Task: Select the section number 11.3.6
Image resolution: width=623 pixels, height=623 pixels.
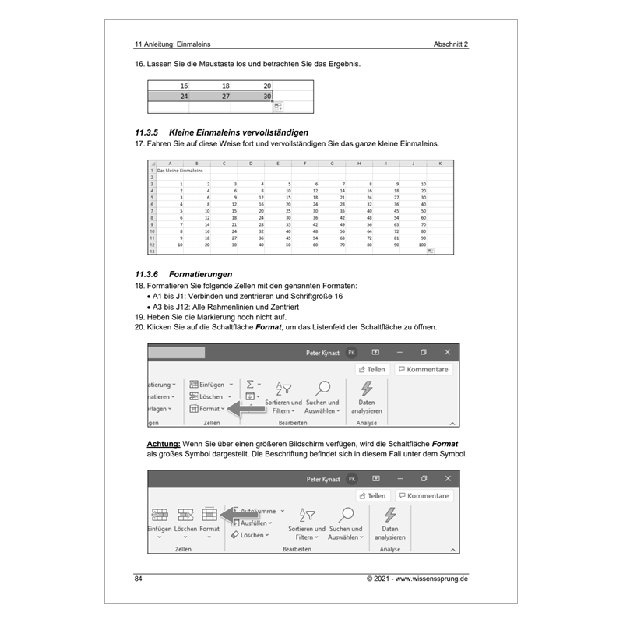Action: [146, 275]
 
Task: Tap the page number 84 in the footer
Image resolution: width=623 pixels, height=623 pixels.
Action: [139, 579]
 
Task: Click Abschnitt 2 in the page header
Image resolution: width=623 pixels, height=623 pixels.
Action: [451, 44]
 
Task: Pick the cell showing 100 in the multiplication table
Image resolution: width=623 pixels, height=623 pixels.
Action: [422, 245]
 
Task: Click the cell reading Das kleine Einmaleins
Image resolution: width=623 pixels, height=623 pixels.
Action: [180, 169]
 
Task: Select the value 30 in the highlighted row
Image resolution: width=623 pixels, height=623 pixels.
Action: [267, 97]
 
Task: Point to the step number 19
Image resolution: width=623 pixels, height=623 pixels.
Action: [140, 317]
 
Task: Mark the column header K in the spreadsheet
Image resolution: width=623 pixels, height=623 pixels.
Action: [440, 164]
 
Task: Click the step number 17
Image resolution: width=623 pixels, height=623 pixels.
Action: [140, 143]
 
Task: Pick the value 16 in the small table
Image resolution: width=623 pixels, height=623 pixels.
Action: [184, 86]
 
